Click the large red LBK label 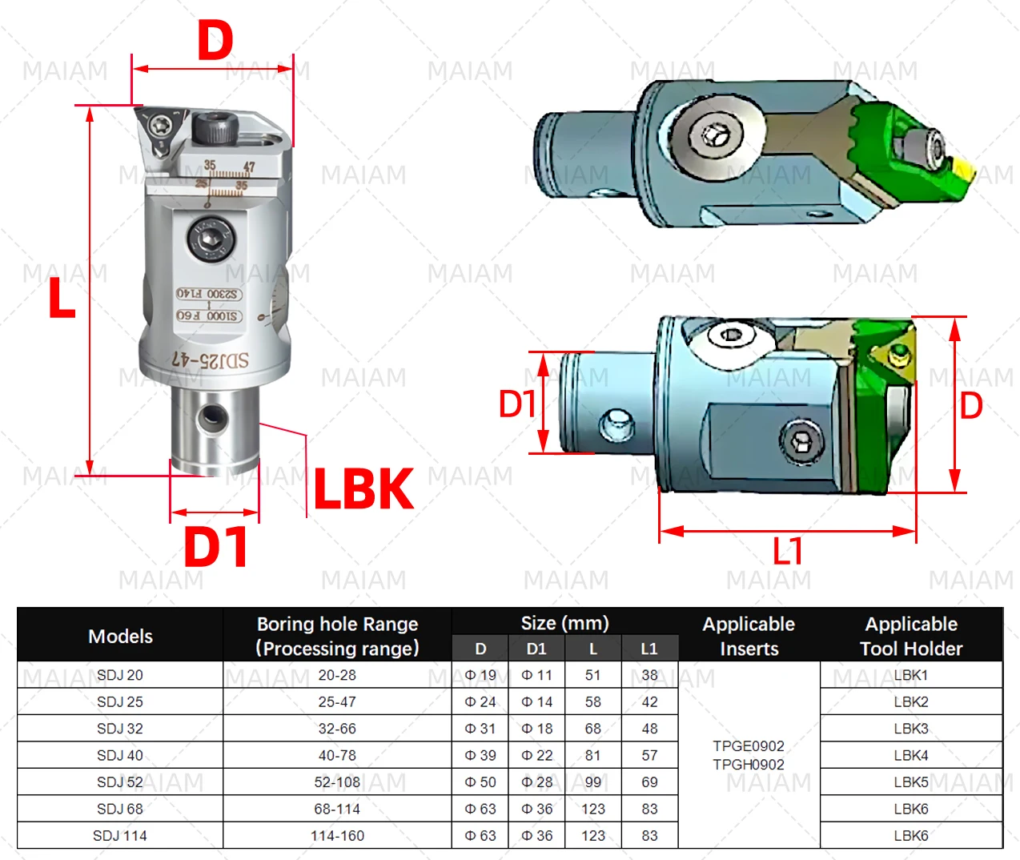pyautogui.click(x=363, y=488)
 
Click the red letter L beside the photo pyautogui.click(x=62, y=299)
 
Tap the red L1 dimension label pyautogui.click(x=787, y=551)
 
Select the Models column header pyautogui.click(x=120, y=636)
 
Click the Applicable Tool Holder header pyautogui.click(x=911, y=636)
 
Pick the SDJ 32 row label pyautogui.click(x=120, y=729)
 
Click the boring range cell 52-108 pyautogui.click(x=337, y=782)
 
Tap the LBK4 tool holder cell pyautogui.click(x=911, y=755)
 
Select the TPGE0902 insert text pyautogui.click(x=749, y=746)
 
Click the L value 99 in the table pyautogui.click(x=592, y=782)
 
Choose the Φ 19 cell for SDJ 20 pyautogui.click(x=480, y=675)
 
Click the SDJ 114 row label pyautogui.click(x=120, y=836)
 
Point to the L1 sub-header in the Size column pyautogui.click(x=649, y=649)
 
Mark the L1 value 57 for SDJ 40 pyautogui.click(x=649, y=755)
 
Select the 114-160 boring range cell pyautogui.click(x=337, y=836)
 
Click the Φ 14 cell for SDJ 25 pyautogui.click(x=536, y=702)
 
